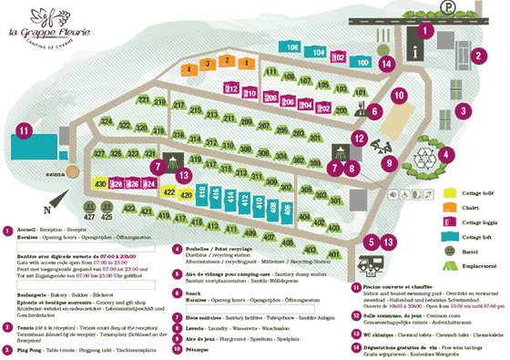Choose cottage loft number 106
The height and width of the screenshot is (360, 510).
(x=293, y=48)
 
